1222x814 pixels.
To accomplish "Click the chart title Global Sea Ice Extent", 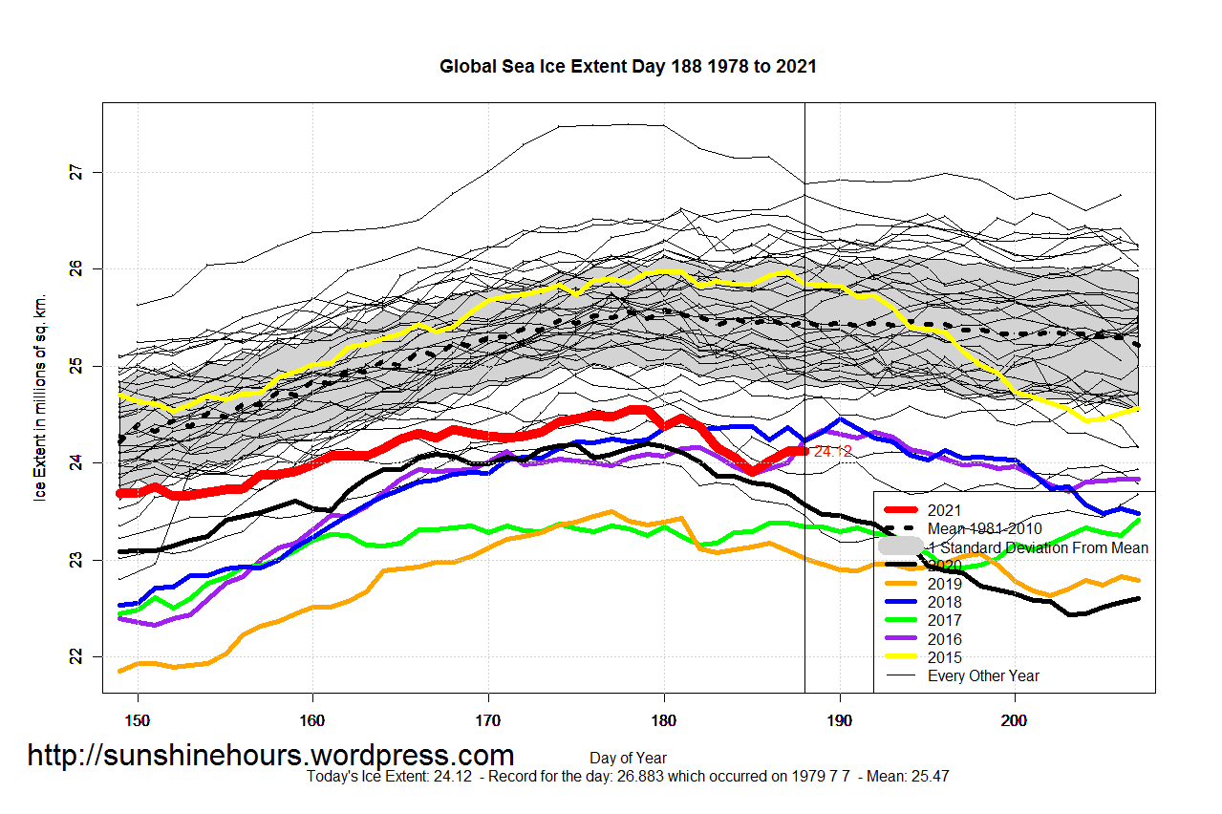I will click(627, 67).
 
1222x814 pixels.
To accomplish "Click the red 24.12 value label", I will click(832, 451).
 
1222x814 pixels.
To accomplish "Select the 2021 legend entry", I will click(945, 510).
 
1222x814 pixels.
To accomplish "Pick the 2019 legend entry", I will click(945, 584).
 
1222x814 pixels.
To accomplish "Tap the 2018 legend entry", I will click(945, 602).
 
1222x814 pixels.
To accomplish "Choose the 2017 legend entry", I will click(945, 620).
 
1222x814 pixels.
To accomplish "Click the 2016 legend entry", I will click(945, 639).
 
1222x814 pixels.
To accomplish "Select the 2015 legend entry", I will click(945, 657).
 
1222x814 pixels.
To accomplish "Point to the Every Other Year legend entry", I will click(983, 675).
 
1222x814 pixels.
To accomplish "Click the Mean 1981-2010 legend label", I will click(985, 528).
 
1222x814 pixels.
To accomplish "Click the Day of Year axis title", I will click(628, 759).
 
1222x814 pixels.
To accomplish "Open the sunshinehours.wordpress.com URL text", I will click(270, 756).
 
